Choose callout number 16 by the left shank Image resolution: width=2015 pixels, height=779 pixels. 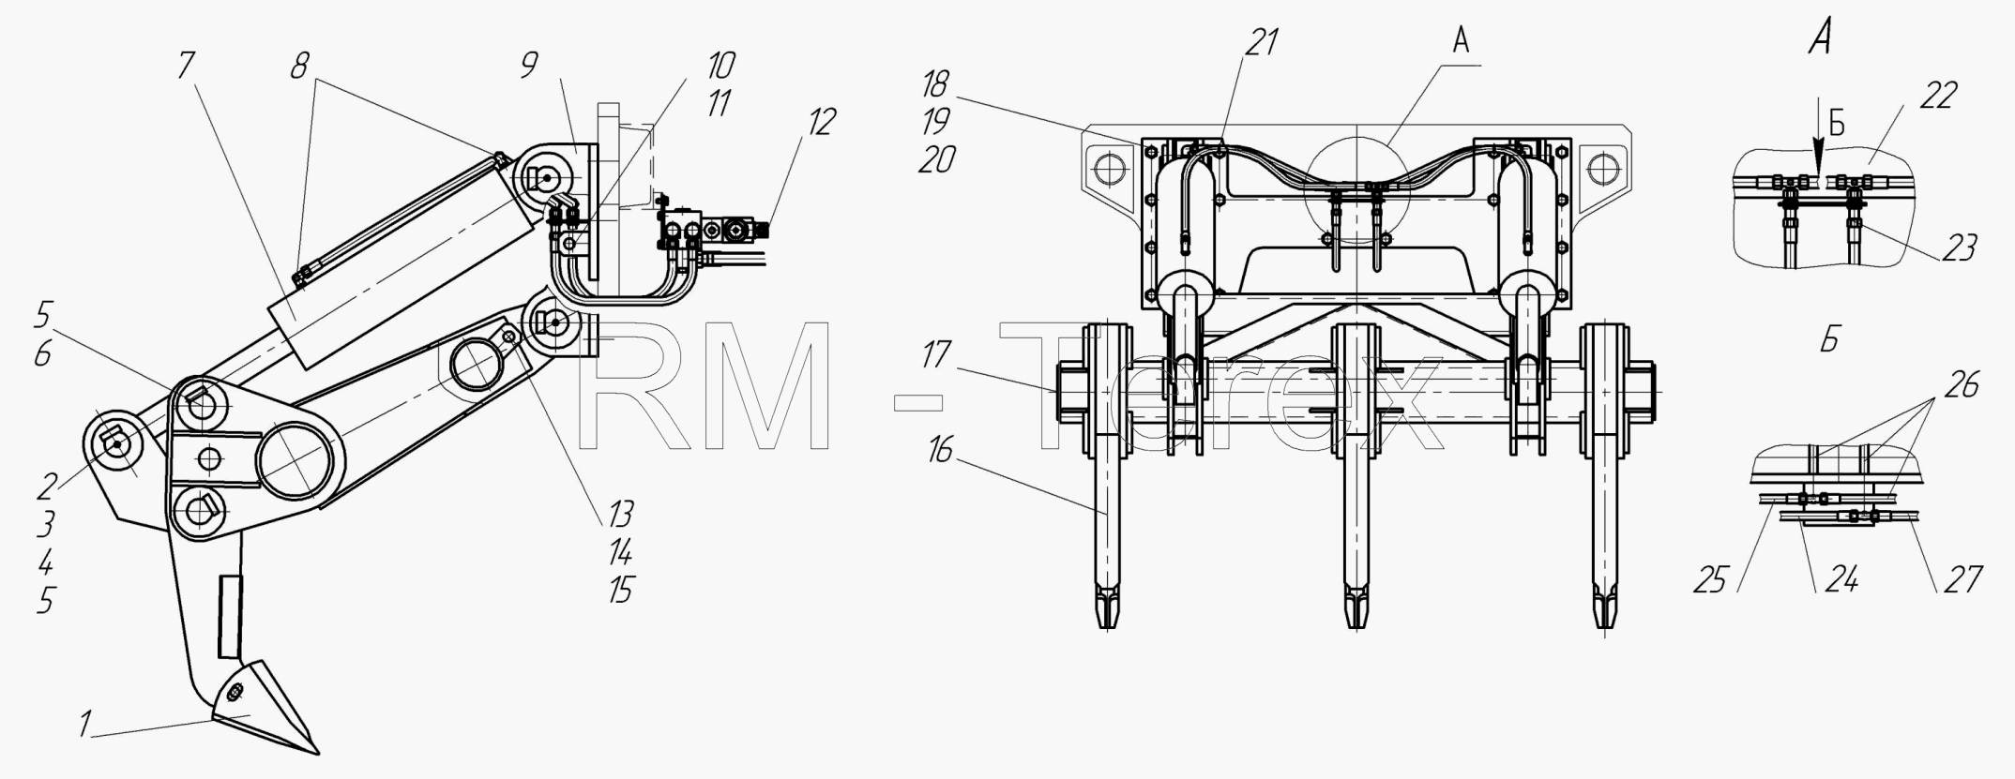pos(938,452)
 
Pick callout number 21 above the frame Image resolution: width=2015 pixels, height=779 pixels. pos(1262,42)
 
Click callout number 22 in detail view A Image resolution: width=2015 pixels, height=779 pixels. pos(1938,96)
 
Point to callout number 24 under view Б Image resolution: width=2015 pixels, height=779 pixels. pos(1841,580)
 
